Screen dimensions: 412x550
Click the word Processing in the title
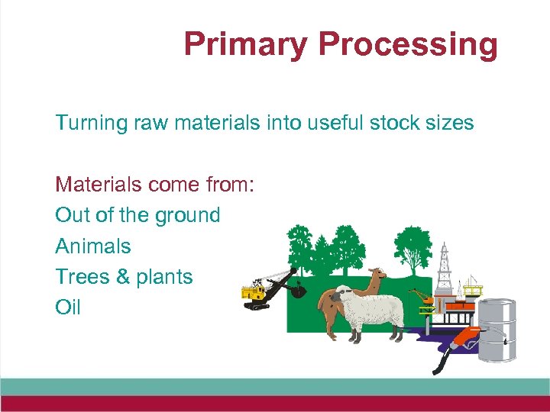pos(408,44)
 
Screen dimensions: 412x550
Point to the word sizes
pos(451,123)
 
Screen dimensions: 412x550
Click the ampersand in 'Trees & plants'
pos(123,277)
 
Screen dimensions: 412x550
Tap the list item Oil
pos(67,307)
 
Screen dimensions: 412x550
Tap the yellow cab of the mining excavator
pos(252,292)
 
